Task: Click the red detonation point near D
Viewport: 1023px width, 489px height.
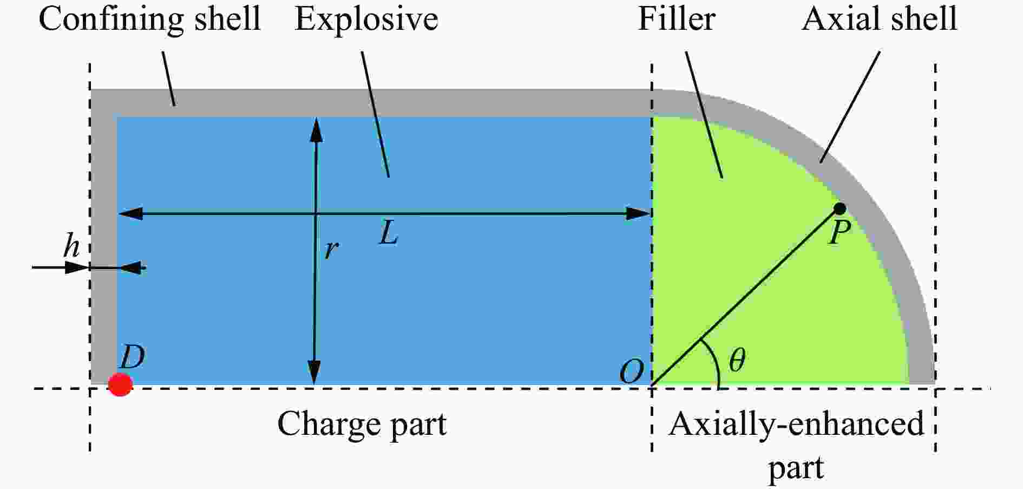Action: [x=120, y=384]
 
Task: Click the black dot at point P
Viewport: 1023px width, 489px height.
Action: [x=840, y=208]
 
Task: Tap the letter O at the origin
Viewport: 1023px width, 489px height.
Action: [x=632, y=372]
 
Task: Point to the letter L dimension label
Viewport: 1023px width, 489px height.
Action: [x=388, y=233]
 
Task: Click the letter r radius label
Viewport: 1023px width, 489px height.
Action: [x=331, y=250]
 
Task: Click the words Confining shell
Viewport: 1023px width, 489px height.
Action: [x=149, y=19]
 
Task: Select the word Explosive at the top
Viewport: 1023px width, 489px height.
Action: [x=366, y=20]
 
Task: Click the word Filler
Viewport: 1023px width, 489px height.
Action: [x=677, y=19]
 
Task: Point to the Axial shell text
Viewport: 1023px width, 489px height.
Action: [x=879, y=19]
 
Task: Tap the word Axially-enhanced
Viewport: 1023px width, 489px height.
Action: [x=796, y=423]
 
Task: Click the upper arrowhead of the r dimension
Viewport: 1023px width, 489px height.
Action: [x=316, y=130]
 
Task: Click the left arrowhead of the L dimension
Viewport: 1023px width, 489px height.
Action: [x=130, y=213]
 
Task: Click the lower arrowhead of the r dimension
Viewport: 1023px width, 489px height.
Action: [x=314, y=372]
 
